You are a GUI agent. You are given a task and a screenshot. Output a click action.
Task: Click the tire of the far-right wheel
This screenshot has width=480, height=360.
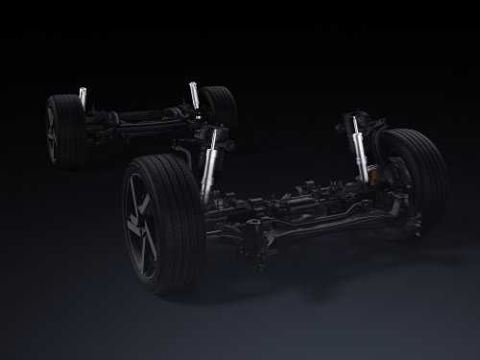click(422, 178)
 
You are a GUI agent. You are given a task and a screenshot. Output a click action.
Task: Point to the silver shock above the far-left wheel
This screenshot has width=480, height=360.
click(83, 97)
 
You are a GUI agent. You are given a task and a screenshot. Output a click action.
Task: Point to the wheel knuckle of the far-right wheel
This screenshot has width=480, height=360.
click(389, 187)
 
